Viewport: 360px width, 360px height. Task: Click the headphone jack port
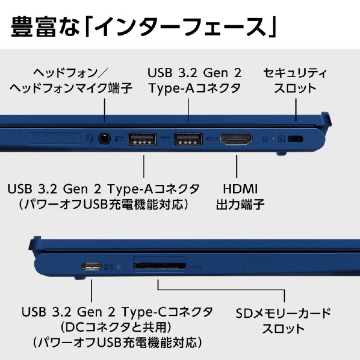(x=105, y=139)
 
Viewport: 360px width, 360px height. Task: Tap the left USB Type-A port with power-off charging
(x=142, y=139)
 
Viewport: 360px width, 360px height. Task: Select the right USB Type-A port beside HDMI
(x=188, y=139)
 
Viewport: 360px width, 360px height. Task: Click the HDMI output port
(x=236, y=139)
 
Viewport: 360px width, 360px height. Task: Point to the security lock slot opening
(x=295, y=139)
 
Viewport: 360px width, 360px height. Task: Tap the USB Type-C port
(x=92, y=266)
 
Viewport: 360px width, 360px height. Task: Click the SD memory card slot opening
(x=160, y=266)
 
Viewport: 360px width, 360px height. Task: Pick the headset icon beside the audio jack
(x=90, y=138)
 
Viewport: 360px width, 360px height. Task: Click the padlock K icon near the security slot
(x=281, y=138)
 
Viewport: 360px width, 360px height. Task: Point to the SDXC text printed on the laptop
(x=196, y=267)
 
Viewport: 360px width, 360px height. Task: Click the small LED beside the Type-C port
(x=118, y=266)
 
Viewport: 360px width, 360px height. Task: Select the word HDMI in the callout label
(x=240, y=189)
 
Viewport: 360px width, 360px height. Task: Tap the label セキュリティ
(x=295, y=73)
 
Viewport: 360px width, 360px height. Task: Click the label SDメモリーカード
(x=283, y=314)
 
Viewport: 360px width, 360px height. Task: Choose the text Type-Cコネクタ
(x=167, y=312)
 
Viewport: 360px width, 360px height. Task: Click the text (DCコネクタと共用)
(x=116, y=327)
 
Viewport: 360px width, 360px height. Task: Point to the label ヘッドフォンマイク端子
(x=71, y=88)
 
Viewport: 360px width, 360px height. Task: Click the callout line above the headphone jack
(x=105, y=110)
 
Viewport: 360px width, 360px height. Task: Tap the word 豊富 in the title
(x=34, y=26)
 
